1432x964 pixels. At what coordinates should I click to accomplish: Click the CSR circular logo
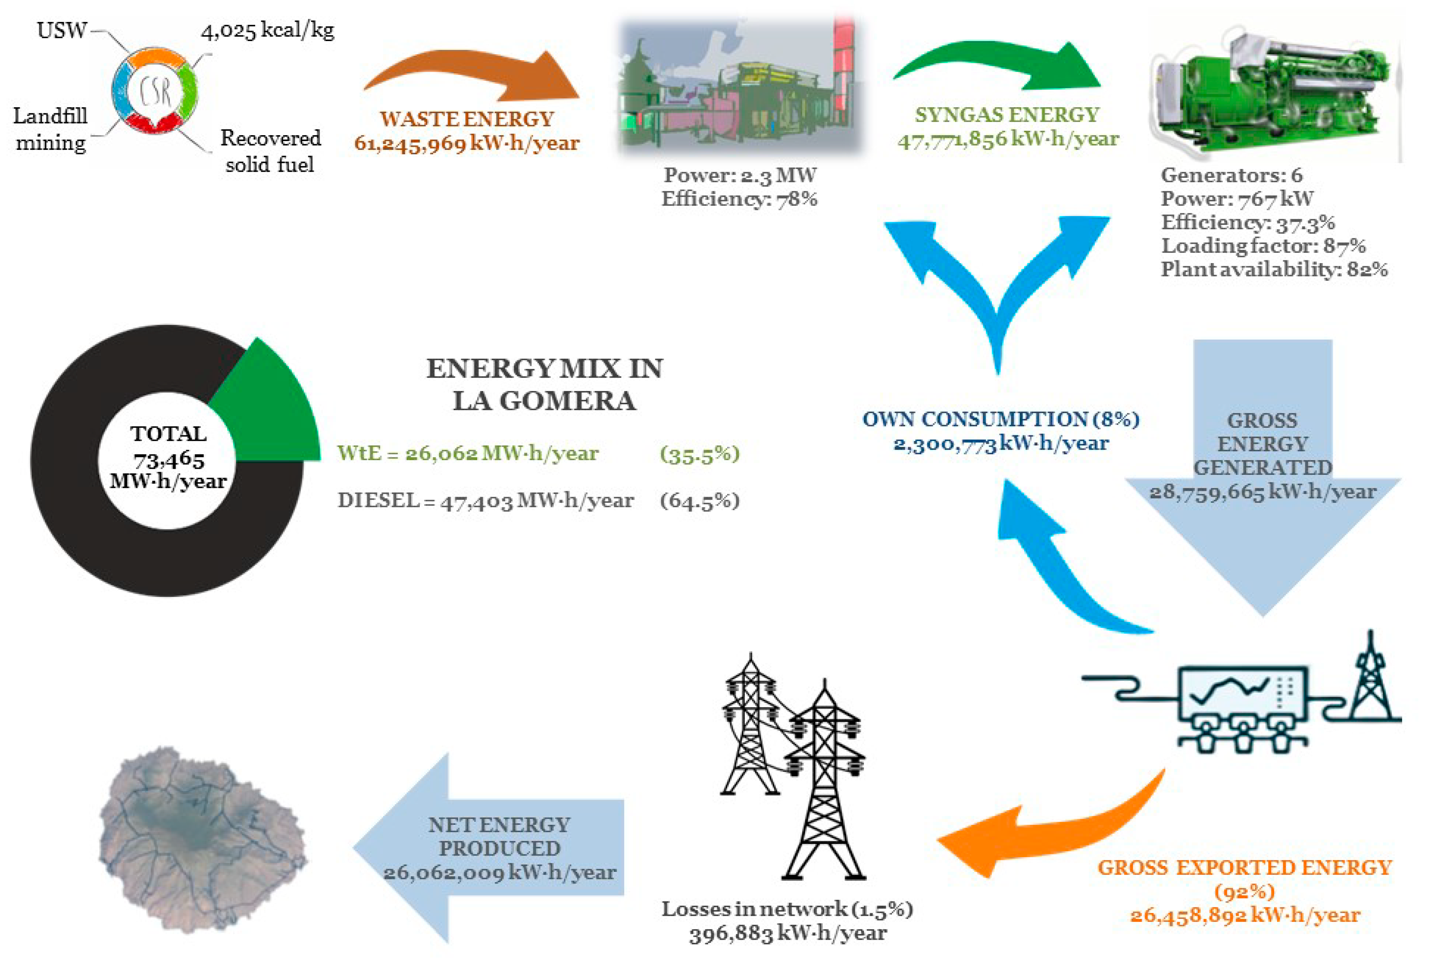(x=155, y=91)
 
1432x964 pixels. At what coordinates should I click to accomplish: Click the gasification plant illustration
(x=741, y=86)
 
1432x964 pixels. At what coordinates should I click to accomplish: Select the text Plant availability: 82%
(x=1273, y=269)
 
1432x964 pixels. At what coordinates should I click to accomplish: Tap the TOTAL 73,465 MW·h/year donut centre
(x=168, y=458)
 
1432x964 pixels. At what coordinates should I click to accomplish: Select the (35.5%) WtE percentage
(x=699, y=454)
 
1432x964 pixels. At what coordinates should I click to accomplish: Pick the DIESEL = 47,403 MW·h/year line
(x=486, y=500)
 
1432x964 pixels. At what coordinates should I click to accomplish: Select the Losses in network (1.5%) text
(x=787, y=909)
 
